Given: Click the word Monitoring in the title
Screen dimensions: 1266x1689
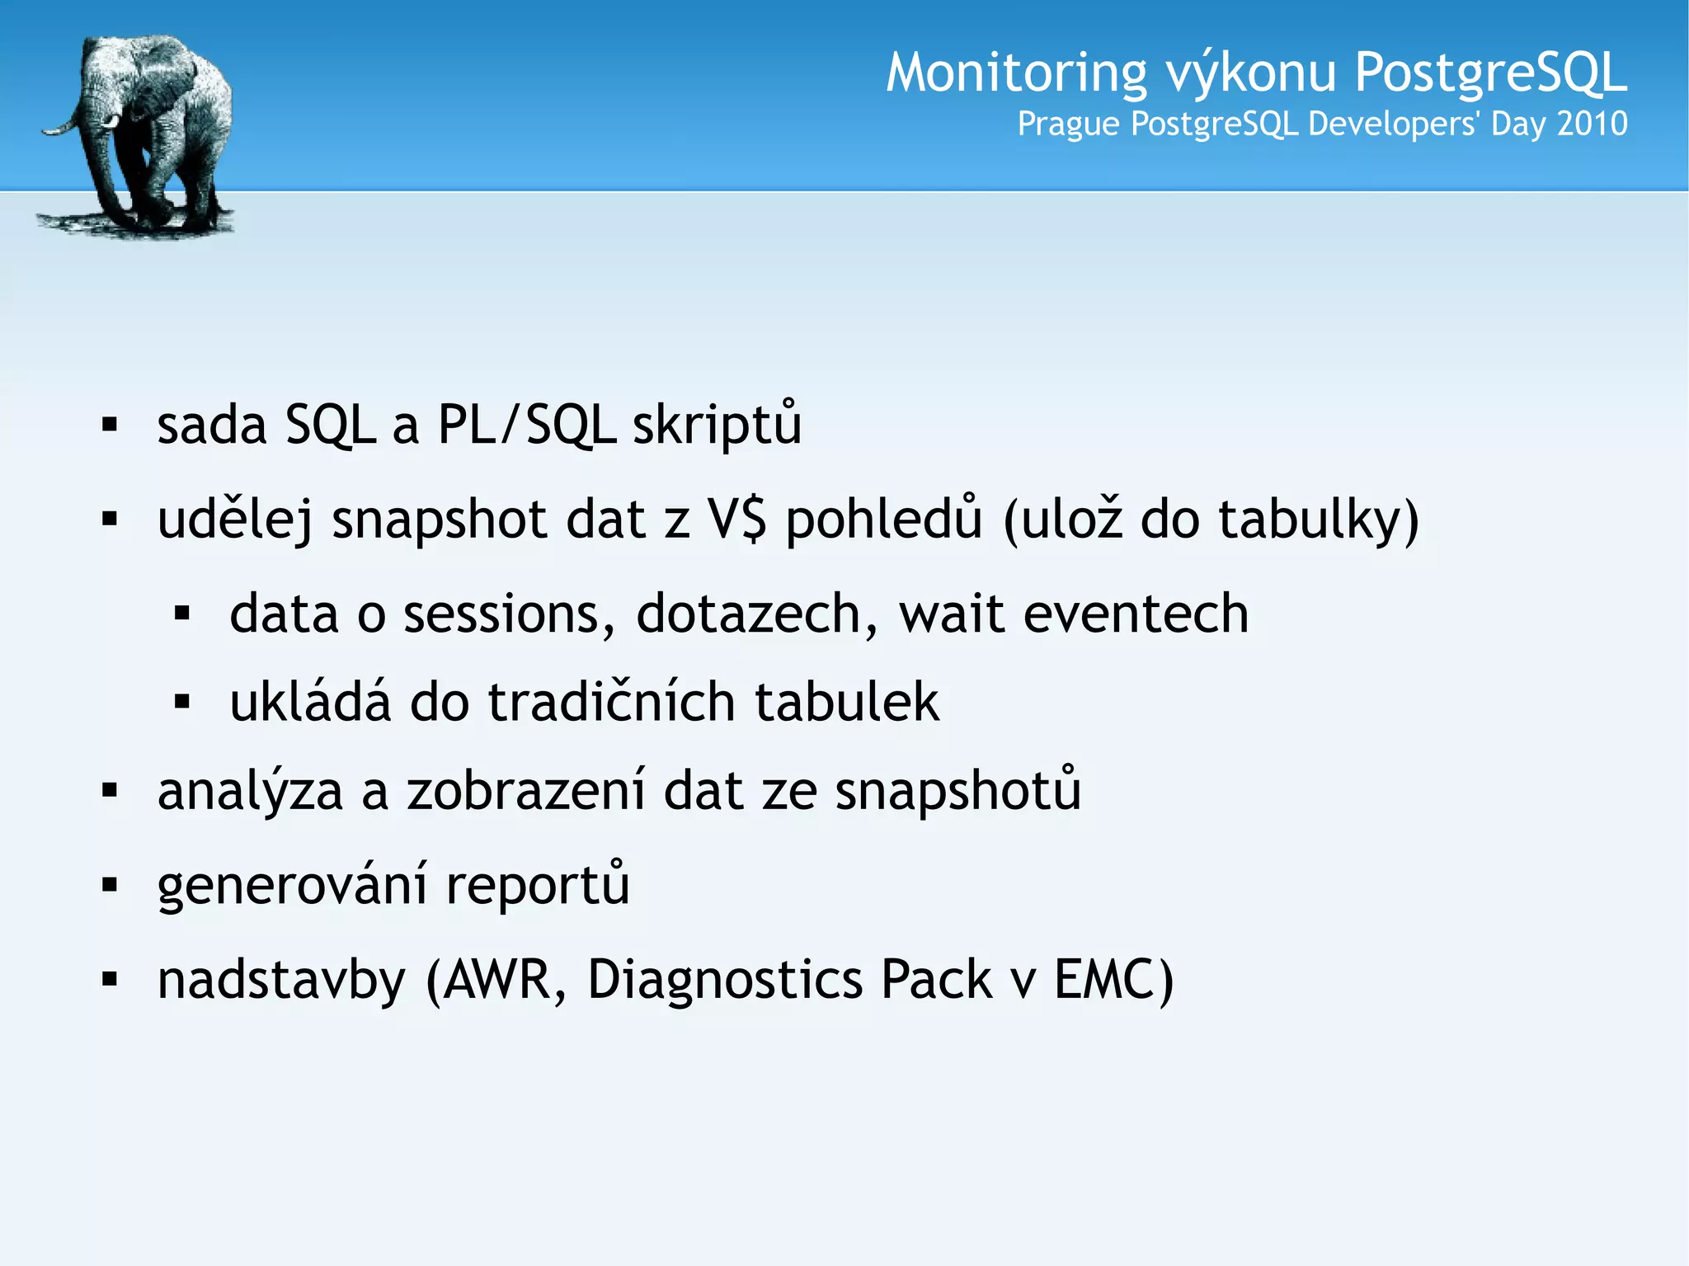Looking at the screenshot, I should [x=1015, y=73].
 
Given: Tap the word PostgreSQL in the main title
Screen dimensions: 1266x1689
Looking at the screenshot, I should [x=1490, y=73].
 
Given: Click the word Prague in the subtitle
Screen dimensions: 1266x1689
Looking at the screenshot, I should [x=1069, y=125].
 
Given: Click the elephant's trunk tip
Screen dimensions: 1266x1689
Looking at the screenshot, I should [x=48, y=130].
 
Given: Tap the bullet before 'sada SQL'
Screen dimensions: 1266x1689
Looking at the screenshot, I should [x=110, y=426].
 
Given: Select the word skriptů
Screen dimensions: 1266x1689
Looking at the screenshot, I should [x=716, y=426].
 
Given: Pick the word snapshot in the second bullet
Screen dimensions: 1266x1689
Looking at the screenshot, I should [x=440, y=520].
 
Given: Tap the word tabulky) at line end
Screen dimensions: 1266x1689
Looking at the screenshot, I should [x=1318, y=520].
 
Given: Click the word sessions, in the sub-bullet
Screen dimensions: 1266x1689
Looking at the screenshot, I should [x=509, y=614].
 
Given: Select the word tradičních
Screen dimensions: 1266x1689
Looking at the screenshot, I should [x=611, y=702].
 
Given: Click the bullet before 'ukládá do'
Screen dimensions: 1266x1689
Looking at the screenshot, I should [x=182, y=702].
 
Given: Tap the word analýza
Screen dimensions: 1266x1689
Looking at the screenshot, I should [x=250, y=791].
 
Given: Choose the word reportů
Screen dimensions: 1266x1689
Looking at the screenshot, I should [x=537, y=885].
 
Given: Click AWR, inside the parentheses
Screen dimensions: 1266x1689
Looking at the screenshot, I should [x=497, y=979].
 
